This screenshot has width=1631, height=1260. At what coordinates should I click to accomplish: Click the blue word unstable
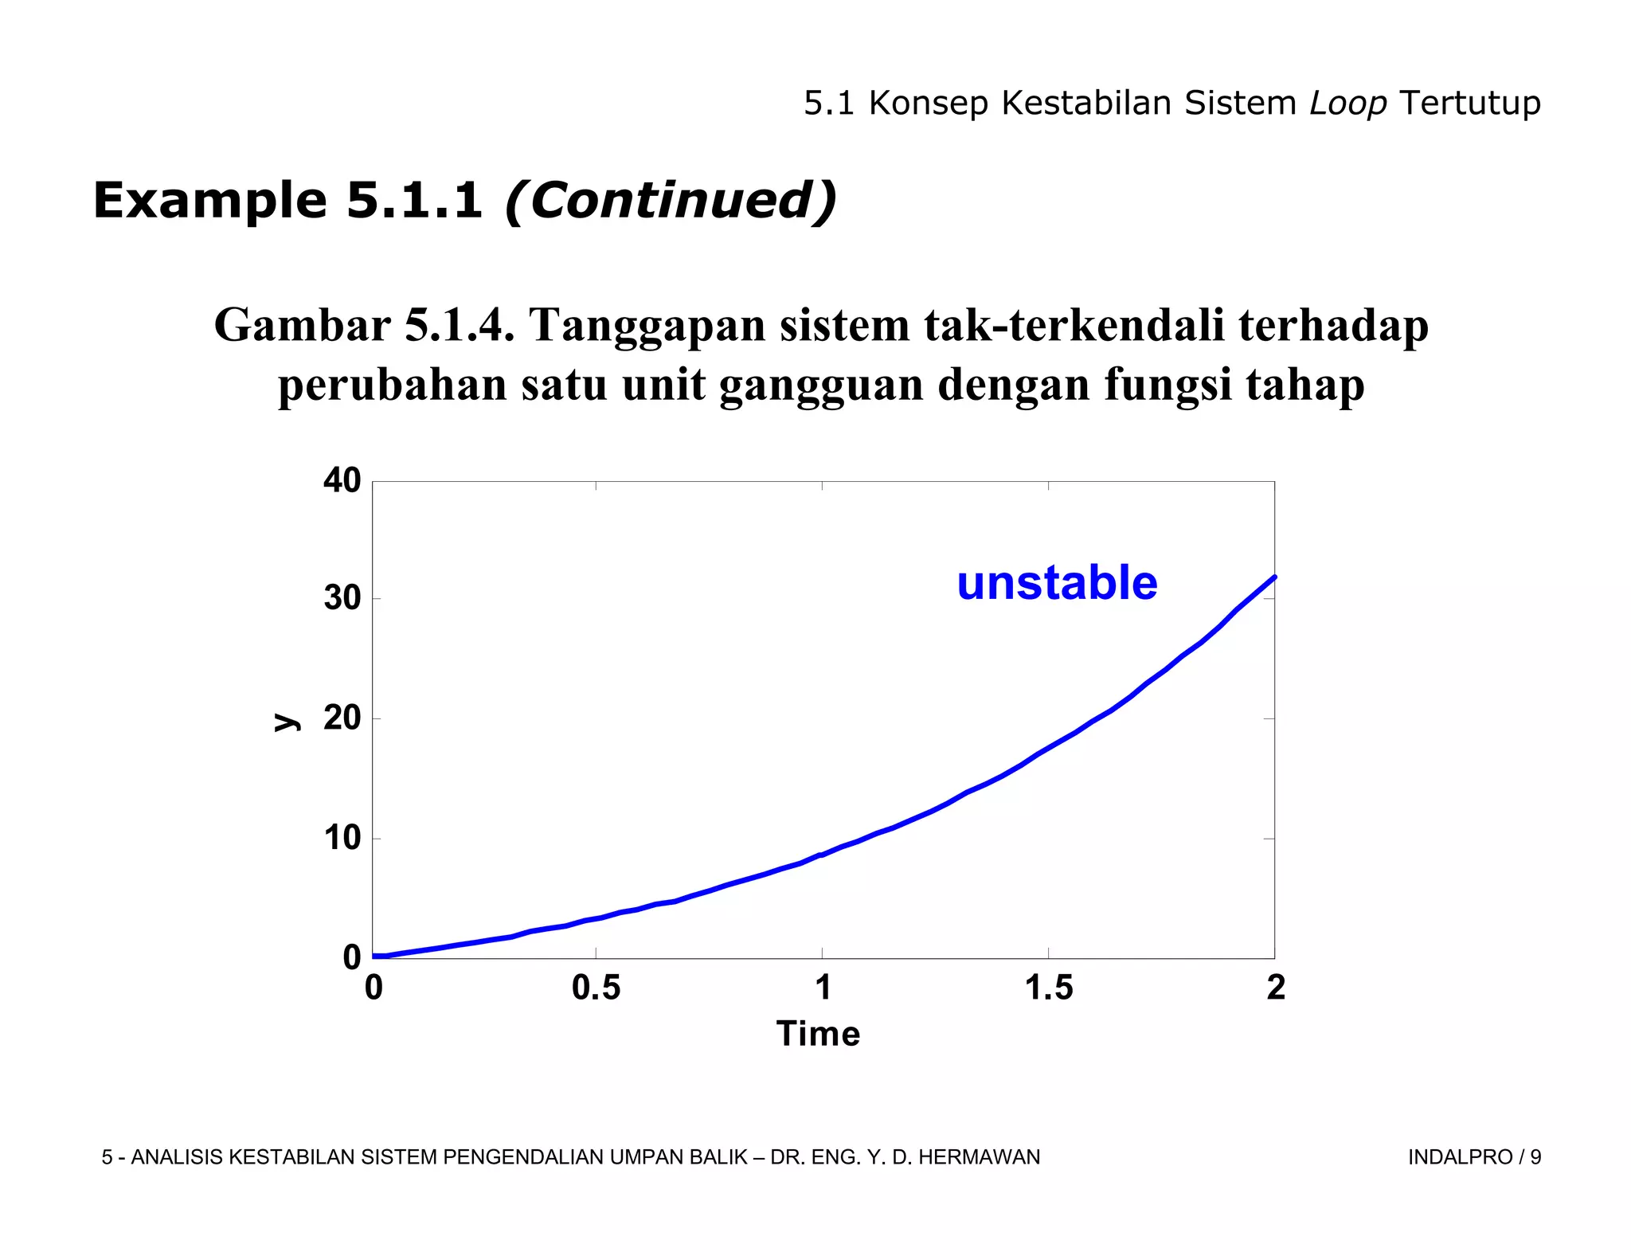1057,583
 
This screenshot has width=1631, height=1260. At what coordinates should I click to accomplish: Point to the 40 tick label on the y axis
342,481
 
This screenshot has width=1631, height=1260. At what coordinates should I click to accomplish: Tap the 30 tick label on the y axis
342,599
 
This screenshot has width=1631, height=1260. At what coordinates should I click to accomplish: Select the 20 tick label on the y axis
342,718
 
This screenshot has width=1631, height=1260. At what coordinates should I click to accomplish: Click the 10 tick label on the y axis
342,839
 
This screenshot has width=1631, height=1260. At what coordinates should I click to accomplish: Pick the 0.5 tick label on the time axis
596,988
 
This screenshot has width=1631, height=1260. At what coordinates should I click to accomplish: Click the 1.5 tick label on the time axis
1048,988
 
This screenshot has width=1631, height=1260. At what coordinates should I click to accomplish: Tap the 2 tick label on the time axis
1275,988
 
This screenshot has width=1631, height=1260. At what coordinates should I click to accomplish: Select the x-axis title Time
818,1034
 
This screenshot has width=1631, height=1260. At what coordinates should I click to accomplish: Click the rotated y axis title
286,722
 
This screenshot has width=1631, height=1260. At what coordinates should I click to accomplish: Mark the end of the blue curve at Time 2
1274,577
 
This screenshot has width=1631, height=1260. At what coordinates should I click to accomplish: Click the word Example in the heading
209,201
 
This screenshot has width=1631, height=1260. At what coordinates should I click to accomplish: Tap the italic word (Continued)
671,201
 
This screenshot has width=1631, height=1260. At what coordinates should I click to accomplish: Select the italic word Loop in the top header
1347,104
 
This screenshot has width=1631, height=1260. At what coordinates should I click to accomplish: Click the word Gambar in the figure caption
302,326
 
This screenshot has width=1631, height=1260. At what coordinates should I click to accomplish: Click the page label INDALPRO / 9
1474,1157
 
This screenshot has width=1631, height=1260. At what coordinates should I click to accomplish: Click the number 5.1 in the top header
828,104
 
